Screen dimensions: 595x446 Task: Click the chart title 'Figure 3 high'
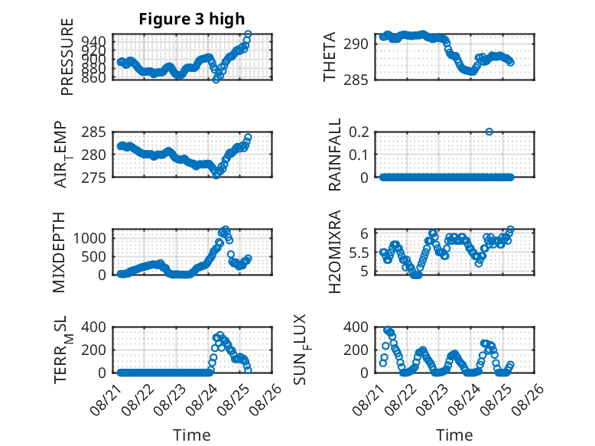pos(192,19)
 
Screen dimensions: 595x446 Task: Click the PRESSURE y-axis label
pos(67,57)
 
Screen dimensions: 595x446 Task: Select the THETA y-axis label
pos(330,57)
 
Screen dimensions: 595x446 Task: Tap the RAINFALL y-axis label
pos(335,155)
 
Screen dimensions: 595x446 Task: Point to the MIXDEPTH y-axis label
pos(59,252)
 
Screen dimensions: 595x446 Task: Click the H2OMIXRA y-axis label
pos(335,252)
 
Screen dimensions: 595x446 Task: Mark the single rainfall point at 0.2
pos(489,132)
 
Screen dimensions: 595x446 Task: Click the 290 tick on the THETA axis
pos(356,44)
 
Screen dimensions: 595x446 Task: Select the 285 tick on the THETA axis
pos(356,80)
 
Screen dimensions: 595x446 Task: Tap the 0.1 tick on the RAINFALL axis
pos(359,155)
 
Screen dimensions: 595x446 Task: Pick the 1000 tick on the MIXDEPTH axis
pos(89,239)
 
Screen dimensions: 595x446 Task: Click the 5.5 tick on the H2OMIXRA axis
pos(359,252)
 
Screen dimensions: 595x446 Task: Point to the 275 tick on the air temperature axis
pos(94,177)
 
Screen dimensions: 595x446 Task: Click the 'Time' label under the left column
pos(192,435)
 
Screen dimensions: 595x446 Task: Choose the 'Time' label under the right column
pos(454,435)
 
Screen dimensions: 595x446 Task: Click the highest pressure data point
pos(248,34)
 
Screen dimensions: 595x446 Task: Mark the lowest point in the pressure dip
pos(216,80)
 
